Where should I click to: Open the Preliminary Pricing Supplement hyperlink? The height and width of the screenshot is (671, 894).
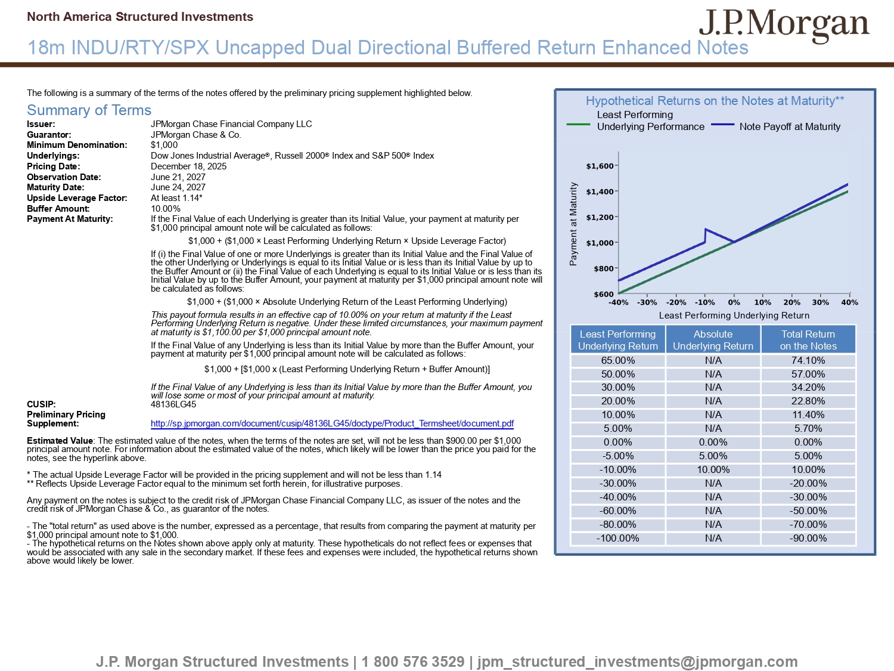[332, 423]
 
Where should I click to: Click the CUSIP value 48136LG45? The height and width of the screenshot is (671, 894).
[173, 404]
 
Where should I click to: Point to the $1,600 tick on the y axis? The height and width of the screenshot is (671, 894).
[600, 166]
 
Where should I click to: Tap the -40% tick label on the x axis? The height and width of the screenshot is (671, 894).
[618, 302]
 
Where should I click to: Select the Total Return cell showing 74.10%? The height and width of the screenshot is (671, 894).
[808, 360]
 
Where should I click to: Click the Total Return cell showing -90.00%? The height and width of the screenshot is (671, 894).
[808, 538]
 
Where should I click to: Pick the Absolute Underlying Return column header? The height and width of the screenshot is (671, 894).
[713, 340]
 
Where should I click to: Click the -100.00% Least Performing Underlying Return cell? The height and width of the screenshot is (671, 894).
[617, 538]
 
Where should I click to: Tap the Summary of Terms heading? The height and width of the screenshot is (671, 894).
[89, 110]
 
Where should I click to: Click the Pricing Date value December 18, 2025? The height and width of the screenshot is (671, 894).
[188, 166]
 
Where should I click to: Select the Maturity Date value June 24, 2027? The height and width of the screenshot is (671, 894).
[178, 187]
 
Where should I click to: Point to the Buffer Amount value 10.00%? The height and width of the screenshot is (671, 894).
[166, 209]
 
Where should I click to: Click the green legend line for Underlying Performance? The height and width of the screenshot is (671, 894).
[578, 125]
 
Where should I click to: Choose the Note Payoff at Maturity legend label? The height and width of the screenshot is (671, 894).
[790, 126]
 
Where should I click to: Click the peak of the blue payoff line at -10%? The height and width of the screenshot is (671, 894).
[706, 229]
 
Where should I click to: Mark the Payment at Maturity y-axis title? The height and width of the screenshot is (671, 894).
[573, 224]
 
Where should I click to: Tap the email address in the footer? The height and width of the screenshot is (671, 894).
[637, 661]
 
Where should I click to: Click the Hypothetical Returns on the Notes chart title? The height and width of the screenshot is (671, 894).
[715, 101]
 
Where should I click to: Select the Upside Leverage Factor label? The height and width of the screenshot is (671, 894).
[77, 198]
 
